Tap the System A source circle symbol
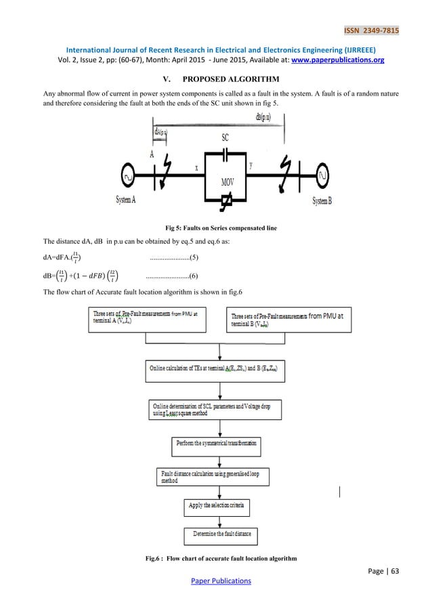pyautogui.click(x=125, y=175)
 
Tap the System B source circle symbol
pyautogui.click(x=325, y=175)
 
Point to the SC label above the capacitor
pyautogui.click(x=226, y=137)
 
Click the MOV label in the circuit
pyautogui.click(x=228, y=182)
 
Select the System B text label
pyautogui.click(x=326, y=201)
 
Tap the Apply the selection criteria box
pyautogui.click(x=217, y=505)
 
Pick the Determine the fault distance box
pyautogui.click(x=221, y=535)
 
